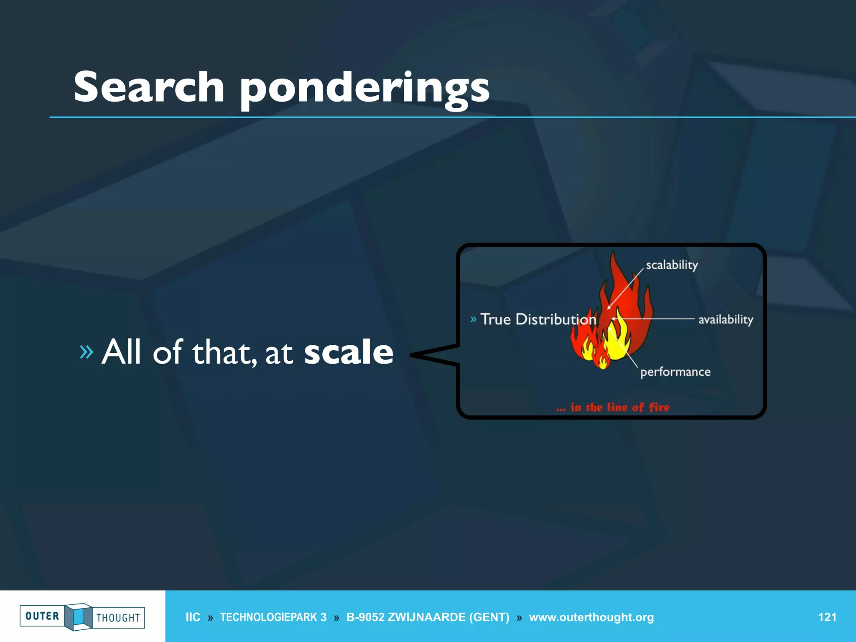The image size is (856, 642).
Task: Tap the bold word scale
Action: (349, 352)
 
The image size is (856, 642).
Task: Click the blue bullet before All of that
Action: (87, 352)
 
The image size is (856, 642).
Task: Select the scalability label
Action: (672, 265)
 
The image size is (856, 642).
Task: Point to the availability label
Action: (726, 320)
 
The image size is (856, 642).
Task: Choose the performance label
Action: (675, 372)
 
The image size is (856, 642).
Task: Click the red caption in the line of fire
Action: (613, 408)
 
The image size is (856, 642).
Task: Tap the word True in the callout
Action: (496, 319)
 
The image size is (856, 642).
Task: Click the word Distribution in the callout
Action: (556, 319)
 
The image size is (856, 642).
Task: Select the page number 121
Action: (827, 617)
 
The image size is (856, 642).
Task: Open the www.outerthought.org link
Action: (591, 617)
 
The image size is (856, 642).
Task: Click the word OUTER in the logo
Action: (42, 616)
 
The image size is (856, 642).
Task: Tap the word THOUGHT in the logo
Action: (118, 618)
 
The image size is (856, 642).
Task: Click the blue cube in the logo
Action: (78, 617)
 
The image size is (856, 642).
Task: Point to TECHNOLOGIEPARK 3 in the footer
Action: (273, 617)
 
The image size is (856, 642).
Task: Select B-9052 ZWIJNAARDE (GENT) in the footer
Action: (428, 617)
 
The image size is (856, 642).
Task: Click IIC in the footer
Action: (193, 617)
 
